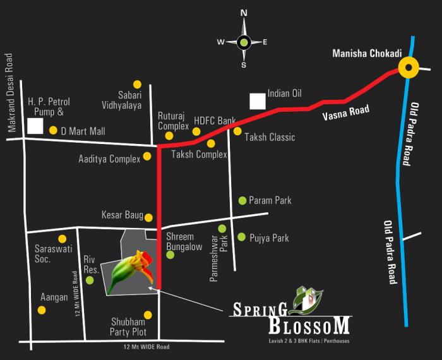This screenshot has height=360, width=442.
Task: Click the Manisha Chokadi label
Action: (x=367, y=54)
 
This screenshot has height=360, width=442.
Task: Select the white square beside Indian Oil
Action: (x=257, y=101)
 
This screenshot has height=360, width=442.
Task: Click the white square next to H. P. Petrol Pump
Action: (x=35, y=126)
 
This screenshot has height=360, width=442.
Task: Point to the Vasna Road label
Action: (x=345, y=114)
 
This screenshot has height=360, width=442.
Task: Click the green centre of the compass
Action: (x=243, y=42)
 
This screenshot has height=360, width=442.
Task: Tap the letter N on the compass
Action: (x=243, y=12)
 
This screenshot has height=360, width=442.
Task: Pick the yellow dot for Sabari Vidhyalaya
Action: (x=136, y=84)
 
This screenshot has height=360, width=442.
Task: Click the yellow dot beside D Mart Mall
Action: (x=53, y=131)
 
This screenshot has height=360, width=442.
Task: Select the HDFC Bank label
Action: (x=215, y=120)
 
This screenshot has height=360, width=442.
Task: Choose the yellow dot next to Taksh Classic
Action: (x=237, y=131)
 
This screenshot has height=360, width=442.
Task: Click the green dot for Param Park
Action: (x=242, y=201)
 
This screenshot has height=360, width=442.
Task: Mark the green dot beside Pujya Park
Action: (x=242, y=237)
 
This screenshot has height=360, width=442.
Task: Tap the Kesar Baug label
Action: (x=122, y=215)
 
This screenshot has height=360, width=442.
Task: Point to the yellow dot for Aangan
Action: (x=42, y=309)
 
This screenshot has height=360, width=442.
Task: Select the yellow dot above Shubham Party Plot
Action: (x=148, y=315)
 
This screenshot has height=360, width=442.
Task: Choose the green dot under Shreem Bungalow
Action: (x=170, y=255)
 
